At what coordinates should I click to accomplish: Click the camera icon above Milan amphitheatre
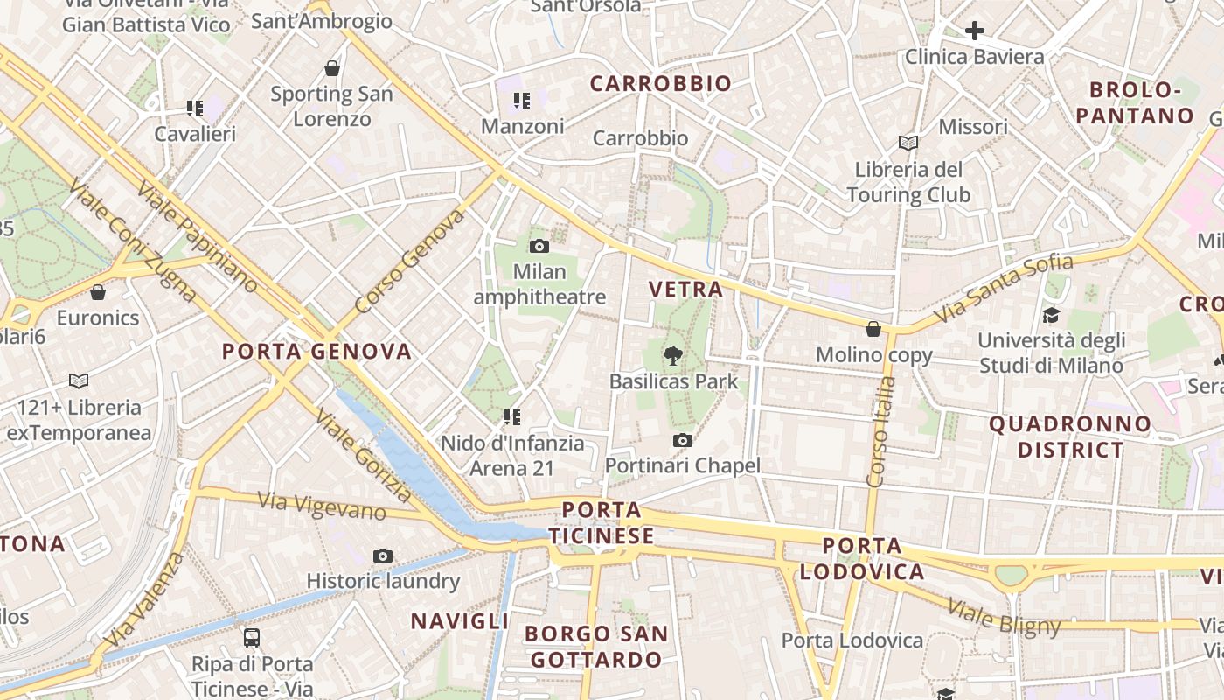[x=539, y=246]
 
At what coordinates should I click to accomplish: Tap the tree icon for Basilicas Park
[x=672, y=355]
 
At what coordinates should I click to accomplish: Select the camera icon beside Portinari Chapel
[x=683, y=440]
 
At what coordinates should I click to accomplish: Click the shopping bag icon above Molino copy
[x=873, y=329]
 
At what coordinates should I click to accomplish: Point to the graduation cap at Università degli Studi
[x=1050, y=315]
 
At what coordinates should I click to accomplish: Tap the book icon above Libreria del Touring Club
[x=908, y=143]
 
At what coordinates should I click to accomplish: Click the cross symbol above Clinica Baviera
[x=975, y=31]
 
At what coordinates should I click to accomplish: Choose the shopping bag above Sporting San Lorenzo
[x=332, y=67]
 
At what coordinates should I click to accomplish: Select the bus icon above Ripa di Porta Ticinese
[x=252, y=637]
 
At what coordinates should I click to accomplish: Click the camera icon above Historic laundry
[x=382, y=556]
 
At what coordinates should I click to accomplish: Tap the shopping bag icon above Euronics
[x=98, y=291]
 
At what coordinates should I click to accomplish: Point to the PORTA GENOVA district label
[x=316, y=352]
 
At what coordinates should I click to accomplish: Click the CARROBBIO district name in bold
[x=660, y=84]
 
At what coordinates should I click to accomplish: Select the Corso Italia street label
[x=879, y=437]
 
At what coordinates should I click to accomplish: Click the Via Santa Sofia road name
[x=1004, y=287]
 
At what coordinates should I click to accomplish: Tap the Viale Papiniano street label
[x=198, y=236]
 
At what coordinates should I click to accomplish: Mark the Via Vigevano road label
[x=322, y=505]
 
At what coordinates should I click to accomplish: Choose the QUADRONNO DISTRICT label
[x=1070, y=437]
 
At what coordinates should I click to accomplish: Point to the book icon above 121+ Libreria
[x=79, y=381]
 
